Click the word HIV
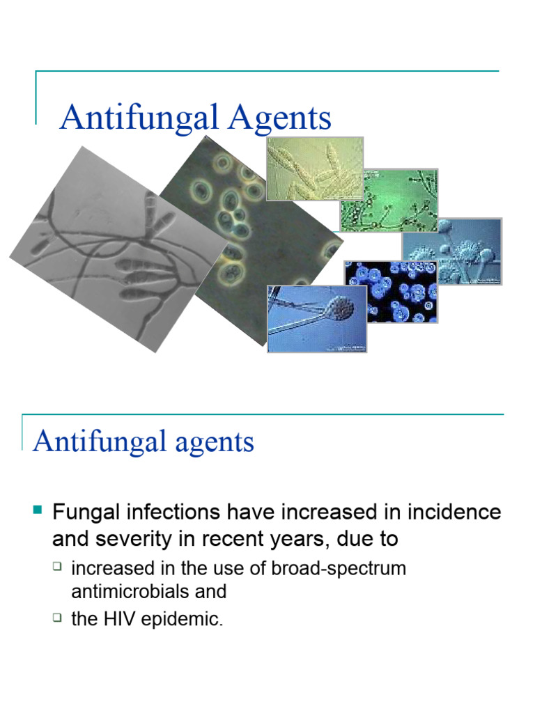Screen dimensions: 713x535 tap(124, 619)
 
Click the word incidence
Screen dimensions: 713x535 tap(457, 513)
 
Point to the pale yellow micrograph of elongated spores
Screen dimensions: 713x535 tap(313, 169)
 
